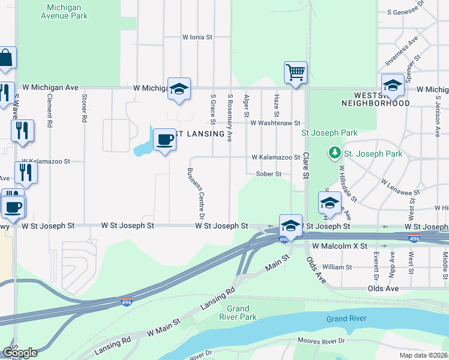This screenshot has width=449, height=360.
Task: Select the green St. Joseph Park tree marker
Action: (334, 154)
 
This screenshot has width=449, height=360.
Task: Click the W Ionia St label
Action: (197, 37)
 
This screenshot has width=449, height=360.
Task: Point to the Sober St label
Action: (268, 174)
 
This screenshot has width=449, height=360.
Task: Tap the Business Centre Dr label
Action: (196, 193)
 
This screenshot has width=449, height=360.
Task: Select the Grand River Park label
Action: (238, 313)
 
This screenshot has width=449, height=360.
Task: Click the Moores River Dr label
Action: (322, 341)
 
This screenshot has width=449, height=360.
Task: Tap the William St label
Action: (337, 266)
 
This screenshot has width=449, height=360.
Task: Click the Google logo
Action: (20, 352)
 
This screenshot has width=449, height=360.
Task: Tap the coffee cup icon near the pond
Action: (164, 140)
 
